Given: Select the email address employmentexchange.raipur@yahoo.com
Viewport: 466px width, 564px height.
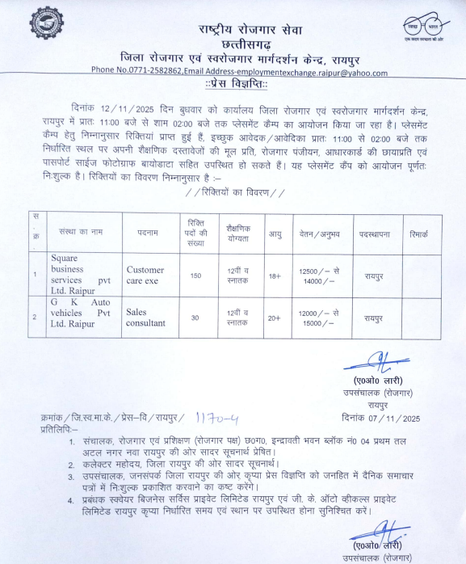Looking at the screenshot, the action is (x=309, y=73).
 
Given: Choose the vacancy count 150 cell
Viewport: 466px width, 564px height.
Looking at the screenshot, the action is (x=195, y=276).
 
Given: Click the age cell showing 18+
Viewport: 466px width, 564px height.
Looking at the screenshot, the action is (x=274, y=276).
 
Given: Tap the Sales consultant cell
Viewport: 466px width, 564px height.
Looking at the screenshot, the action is (x=146, y=316).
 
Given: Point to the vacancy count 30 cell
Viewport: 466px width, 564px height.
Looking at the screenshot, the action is (x=195, y=316).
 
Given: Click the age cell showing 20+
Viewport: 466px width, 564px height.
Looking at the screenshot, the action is (x=274, y=316).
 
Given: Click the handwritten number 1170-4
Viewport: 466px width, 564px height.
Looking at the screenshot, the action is (x=215, y=418).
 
